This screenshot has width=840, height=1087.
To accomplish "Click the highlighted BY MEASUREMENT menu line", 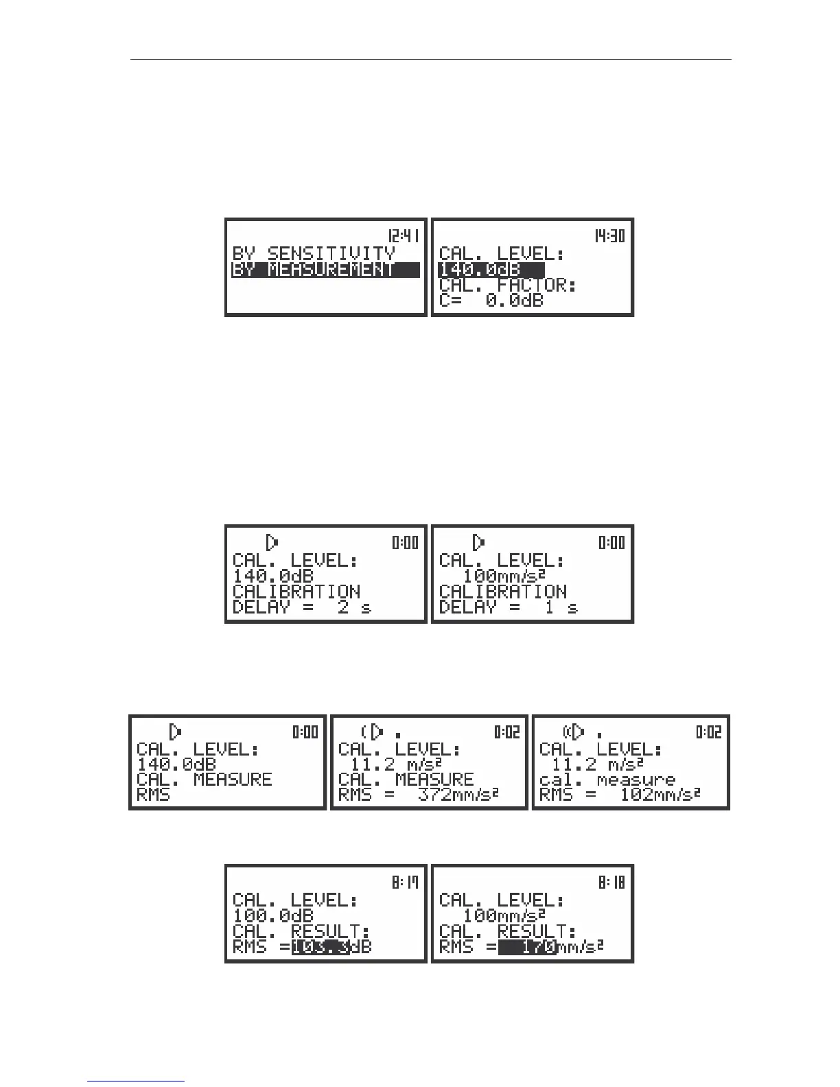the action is point(325,270).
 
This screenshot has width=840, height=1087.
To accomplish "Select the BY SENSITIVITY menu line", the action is point(314,254).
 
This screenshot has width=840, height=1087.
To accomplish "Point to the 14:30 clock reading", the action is point(609,235).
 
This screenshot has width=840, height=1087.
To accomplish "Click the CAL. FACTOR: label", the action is point(507,285).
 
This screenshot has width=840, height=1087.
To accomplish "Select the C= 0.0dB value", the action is point(491,301).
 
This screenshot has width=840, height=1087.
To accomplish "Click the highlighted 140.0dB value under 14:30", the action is point(491,270).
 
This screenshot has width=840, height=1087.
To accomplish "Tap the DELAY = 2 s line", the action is point(302,607).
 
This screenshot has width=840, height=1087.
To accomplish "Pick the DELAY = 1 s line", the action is point(508,607).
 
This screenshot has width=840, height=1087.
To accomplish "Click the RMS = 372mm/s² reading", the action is point(418,795).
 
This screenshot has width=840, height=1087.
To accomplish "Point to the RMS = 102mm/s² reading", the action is point(620,795).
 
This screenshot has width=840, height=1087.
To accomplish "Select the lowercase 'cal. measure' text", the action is point(607,780).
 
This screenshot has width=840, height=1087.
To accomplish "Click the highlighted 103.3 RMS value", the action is point(320,947).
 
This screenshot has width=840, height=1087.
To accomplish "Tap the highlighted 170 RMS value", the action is point(526,947).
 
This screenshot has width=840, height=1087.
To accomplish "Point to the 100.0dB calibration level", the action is point(273,915).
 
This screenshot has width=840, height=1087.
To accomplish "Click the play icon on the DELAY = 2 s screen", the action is point(272,542).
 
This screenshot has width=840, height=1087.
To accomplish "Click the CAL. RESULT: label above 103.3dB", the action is point(301,931).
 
